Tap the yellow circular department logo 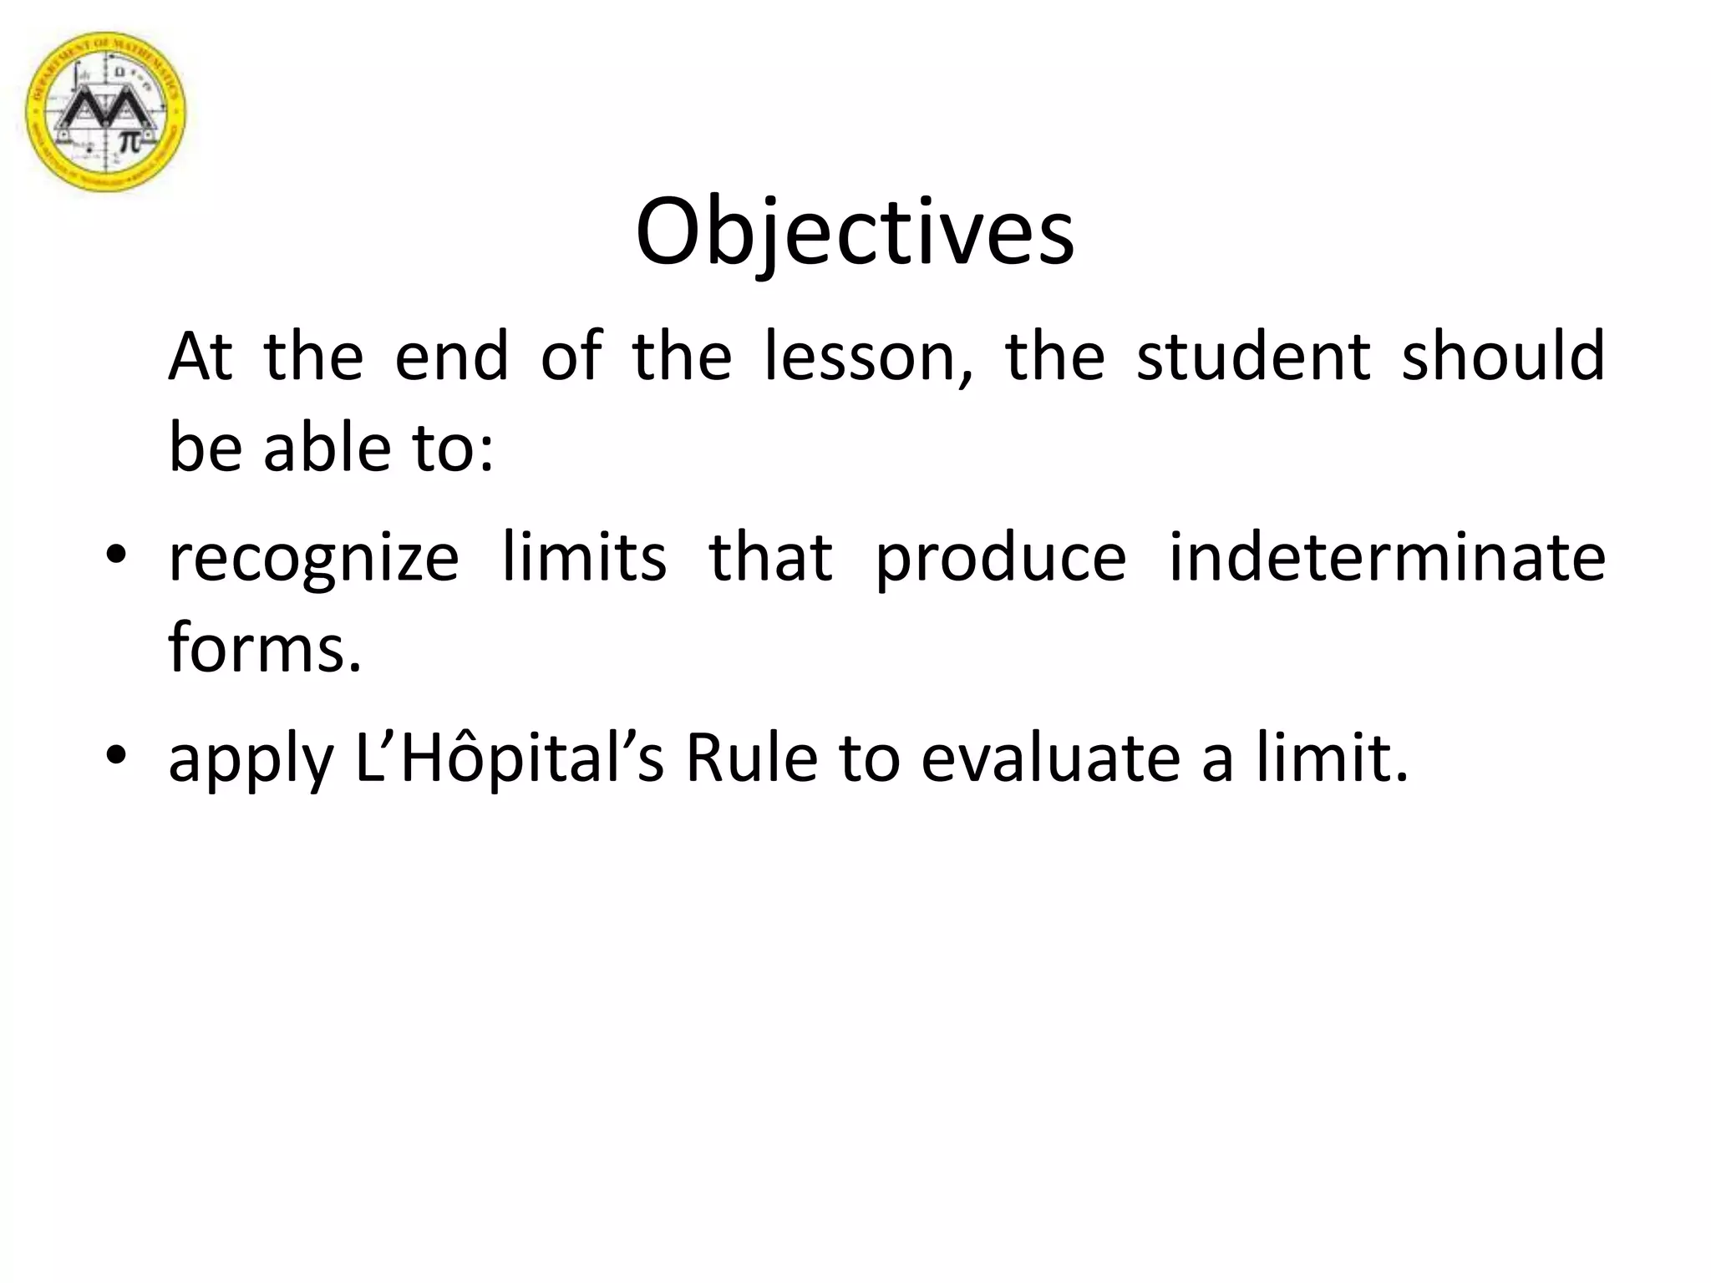[106, 112]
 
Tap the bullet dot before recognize [116, 555]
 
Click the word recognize [313, 558]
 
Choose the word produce [1001, 558]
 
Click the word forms [265, 647]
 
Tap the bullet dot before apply [116, 755]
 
